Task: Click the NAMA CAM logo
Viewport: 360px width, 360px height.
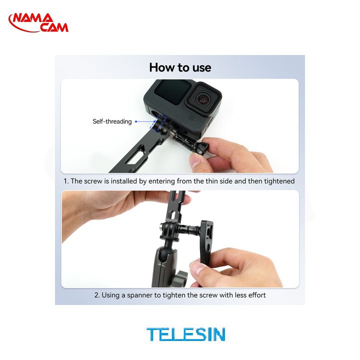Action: coord(38,22)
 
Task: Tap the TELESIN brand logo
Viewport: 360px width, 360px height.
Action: coord(185,334)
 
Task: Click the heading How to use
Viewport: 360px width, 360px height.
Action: coord(180,67)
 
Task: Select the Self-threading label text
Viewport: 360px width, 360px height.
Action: coord(112,121)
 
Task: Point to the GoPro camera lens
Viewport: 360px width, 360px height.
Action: coord(203,99)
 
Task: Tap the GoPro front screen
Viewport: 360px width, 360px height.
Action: coord(172,92)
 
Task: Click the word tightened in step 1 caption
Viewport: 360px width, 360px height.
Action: coord(279,181)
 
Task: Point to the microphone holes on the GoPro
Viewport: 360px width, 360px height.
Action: coord(191,117)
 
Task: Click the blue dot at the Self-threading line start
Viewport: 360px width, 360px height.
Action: coord(136,121)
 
